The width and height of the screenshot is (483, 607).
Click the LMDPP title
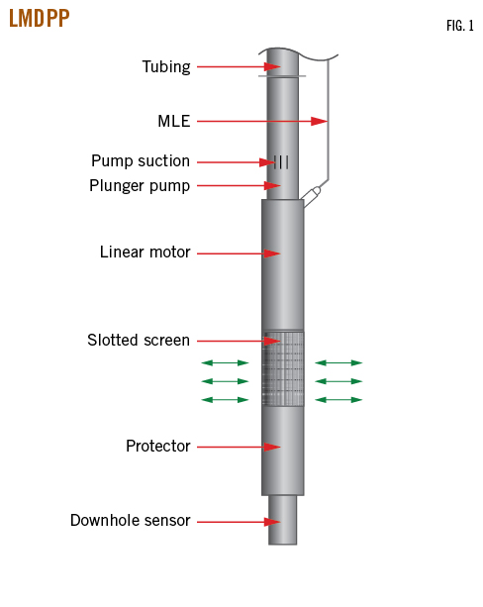tap(39, 18)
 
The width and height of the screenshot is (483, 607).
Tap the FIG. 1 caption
tap(460, 26)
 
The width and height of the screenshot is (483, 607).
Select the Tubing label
tap(166, 67)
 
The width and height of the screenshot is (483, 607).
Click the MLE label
tap(174, 121)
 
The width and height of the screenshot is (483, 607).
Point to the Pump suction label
tap(141, 161)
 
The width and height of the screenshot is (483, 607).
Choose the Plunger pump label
tap(140, 186)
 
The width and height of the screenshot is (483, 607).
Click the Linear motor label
tap(145, 253)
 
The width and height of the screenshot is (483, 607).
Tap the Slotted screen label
tap(139, 341)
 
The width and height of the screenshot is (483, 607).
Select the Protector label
tap(158, 446)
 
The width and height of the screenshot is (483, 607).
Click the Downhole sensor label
tap(131, 520)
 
